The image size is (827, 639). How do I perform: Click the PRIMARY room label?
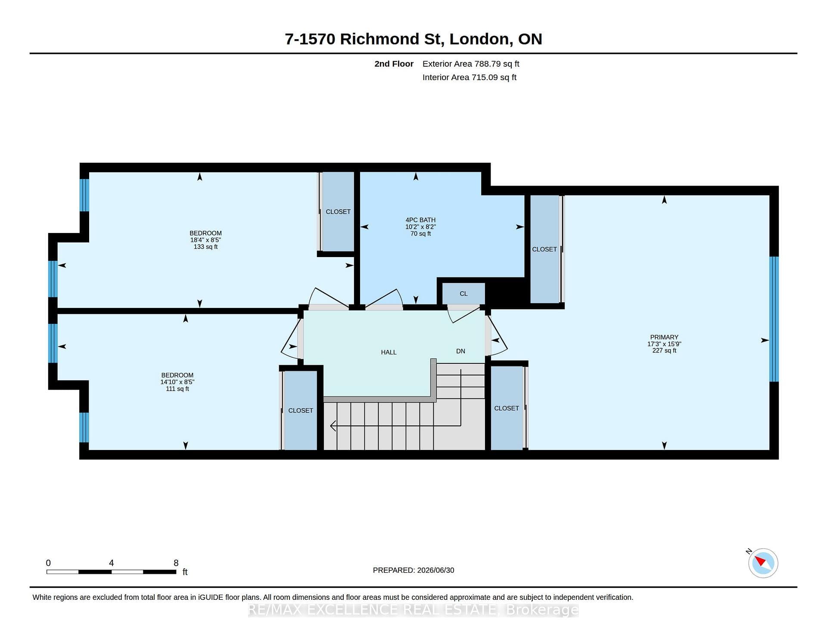pos(664,337)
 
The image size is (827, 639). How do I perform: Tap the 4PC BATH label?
pos(420,220)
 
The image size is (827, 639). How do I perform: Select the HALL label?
pos(389,352)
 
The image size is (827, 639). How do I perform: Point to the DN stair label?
pos(460,351)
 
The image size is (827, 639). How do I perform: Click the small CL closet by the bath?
pos(463,294)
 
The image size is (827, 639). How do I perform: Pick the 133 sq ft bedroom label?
pos(205,240)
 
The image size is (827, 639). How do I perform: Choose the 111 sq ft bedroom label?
pos(177,382)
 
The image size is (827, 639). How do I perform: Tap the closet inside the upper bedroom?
pos(338,211)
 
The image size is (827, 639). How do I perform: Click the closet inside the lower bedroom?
pos(301,410)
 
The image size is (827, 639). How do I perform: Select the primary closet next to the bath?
pos(544,249)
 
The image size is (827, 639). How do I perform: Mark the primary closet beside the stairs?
pos(507,408)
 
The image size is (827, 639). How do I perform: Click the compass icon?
pos(763,563)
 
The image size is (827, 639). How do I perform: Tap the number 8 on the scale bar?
pos(176,563)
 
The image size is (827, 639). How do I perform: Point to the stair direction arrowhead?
pos(333,426)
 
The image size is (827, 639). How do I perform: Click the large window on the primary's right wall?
pos(774,319)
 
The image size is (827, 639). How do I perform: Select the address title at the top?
pos(413,39)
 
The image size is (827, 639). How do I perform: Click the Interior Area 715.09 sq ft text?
pos(469,78)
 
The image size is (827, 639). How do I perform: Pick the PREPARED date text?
pos(413,570)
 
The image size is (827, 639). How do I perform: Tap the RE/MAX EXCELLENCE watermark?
pos(413,610)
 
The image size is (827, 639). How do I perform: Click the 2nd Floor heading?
pos(394,64)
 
